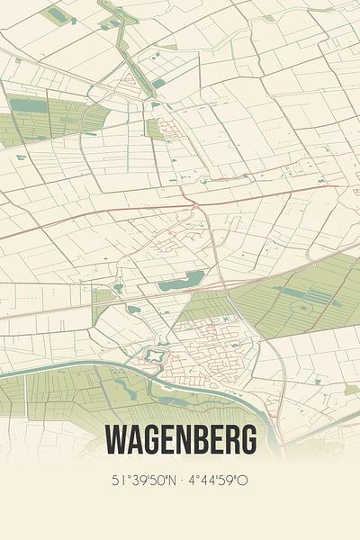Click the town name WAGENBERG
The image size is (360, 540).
180,440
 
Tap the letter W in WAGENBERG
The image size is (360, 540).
115,440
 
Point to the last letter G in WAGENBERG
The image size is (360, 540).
247,440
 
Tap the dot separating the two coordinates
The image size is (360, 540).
180,481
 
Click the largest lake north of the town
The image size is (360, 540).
182,280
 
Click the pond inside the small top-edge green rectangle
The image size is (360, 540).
57,15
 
